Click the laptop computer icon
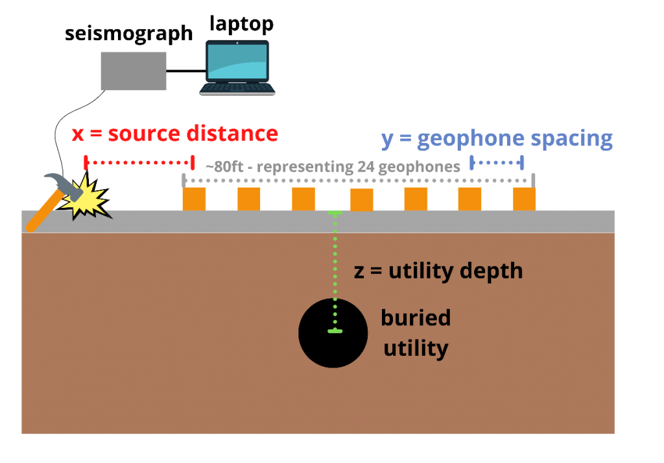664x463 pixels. click(237, 68)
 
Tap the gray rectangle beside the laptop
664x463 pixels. click(134, 71)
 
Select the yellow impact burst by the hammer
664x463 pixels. click(88, 197)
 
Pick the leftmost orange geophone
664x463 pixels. click(194, 199)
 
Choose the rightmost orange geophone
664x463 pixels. click(524, 199)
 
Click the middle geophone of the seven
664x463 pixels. click(361, 199)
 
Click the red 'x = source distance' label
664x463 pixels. click(174, 134)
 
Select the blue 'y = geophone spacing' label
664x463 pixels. click(497, 138)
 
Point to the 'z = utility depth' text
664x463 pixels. click(438, 271)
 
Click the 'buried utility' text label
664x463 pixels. click(416, 333)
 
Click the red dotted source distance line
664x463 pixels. click(139, 161)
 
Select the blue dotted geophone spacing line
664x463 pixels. click(497, 161)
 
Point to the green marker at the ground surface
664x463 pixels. click(335, 213)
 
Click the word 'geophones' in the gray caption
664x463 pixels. click(421, 167)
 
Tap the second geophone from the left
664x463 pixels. click(248, 199)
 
